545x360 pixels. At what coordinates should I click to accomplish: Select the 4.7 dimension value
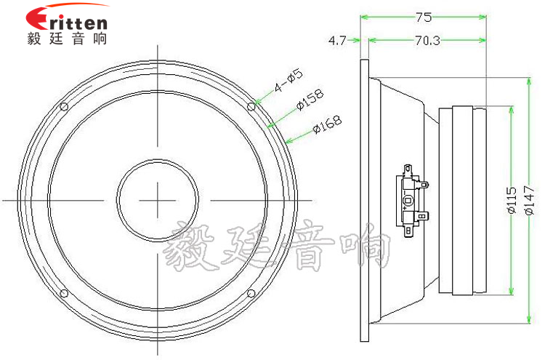coord(337,41)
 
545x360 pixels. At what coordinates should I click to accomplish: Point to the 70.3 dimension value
coord(427,41)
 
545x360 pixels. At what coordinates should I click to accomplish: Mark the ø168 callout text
coord(327,124)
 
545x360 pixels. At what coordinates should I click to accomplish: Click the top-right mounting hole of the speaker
coord(251,106)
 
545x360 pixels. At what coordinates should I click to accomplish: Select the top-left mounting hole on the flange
coord(64,106)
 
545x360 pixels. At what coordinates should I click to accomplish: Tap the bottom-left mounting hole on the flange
coord(64,293)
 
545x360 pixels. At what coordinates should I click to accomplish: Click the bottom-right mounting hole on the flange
coord(251,293)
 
